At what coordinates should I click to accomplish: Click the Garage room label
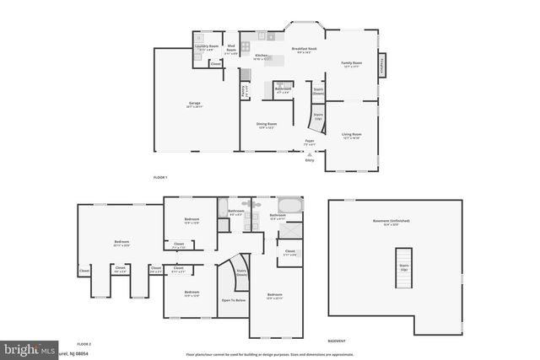(x=195, y=105)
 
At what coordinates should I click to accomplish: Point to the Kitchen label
(x=262, y=57)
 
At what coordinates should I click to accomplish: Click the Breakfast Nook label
(x=304, y=51)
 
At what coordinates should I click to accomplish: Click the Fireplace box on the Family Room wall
(x=382, y=66)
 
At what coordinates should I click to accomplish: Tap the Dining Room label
(x=267, y=126)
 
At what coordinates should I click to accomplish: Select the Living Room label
(x=351, y=135)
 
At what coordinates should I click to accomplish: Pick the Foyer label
(x=310, y=142)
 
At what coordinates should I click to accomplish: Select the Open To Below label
(x=234, y=300)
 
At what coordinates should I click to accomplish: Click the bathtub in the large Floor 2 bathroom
(x=289, y=205)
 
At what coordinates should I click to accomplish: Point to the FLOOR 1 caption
(x=160, y=178)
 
